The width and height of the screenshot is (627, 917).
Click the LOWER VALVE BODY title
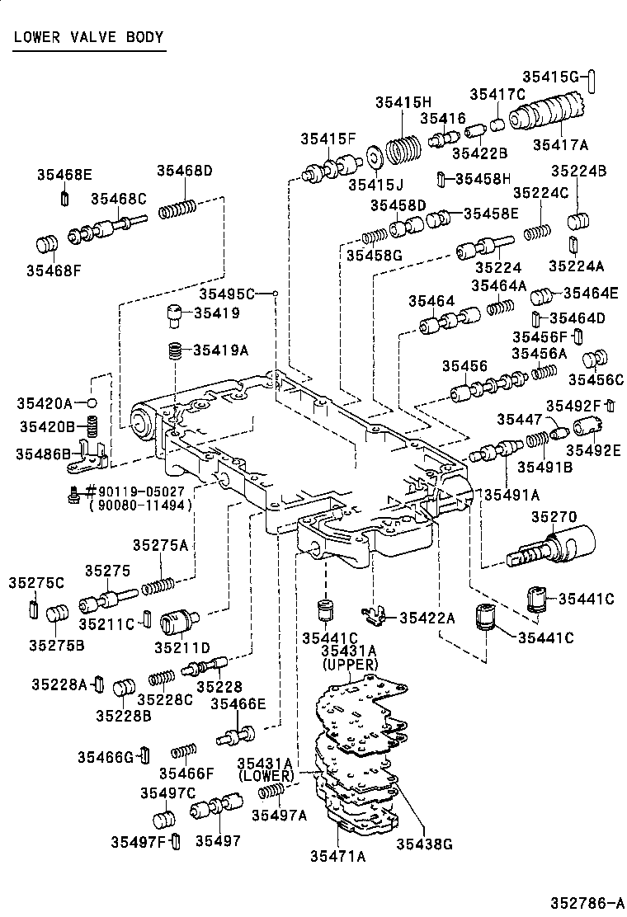pos(88,37)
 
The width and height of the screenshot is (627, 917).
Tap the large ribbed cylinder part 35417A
pos(551,116)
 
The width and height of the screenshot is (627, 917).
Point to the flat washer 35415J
pos(372,154)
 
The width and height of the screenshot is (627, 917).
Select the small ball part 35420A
pos(93,402)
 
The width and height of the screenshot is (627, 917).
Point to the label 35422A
pos(427,618)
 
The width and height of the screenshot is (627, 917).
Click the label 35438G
pos(425,843)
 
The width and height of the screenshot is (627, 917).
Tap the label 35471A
pos(338,856)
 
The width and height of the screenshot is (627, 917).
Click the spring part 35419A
pos(174,350)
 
